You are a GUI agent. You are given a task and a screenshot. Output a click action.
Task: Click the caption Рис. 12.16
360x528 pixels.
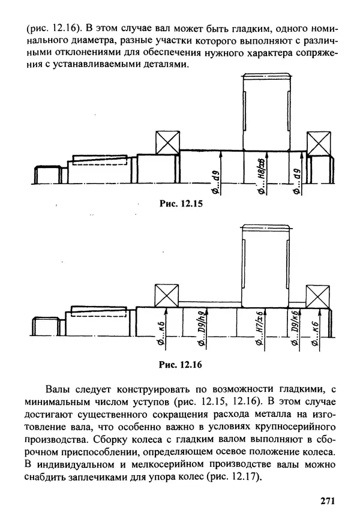click(181, 364)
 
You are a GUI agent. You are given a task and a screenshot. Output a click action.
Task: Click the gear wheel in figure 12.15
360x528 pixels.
click(267, 111)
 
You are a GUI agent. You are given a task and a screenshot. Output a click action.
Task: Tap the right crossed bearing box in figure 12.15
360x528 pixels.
click(319, 144)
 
